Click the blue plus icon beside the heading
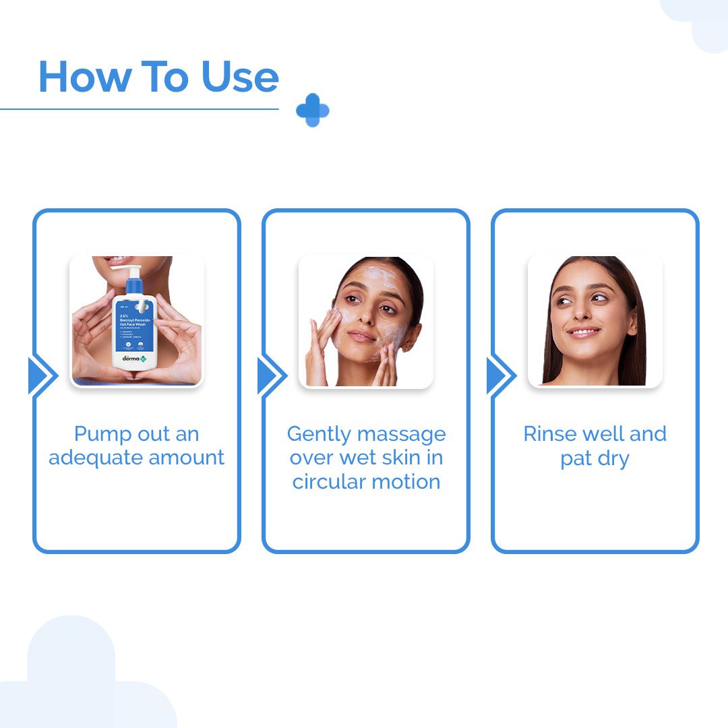312,110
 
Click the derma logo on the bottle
133,358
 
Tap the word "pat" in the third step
575,459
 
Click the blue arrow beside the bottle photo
42,375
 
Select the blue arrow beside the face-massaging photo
272,375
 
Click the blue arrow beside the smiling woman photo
501,375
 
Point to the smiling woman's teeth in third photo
584,332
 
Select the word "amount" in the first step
187,458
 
